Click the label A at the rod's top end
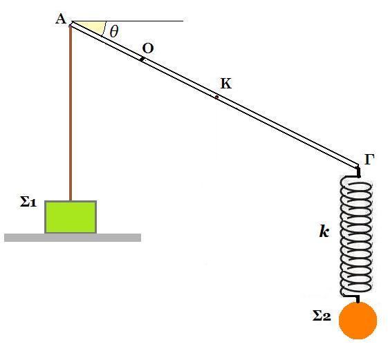pos(61,19)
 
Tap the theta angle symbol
pos(114,31)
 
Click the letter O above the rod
pos(148,48)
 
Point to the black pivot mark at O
pos(142,59)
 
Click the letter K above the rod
pos(226,84)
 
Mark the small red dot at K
pos(216,97)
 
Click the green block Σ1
pos(71,217)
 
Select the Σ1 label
pos(28,202)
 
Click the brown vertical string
pos(71,113)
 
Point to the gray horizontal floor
pos(73,238)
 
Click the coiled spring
pos(356,236)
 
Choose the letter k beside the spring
pos(324,231)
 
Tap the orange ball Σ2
pos(358,321)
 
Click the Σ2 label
pos(322,316)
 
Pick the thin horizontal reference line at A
pos(128,21)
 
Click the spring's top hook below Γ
pos(358,172)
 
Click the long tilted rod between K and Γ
pos(288,131)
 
